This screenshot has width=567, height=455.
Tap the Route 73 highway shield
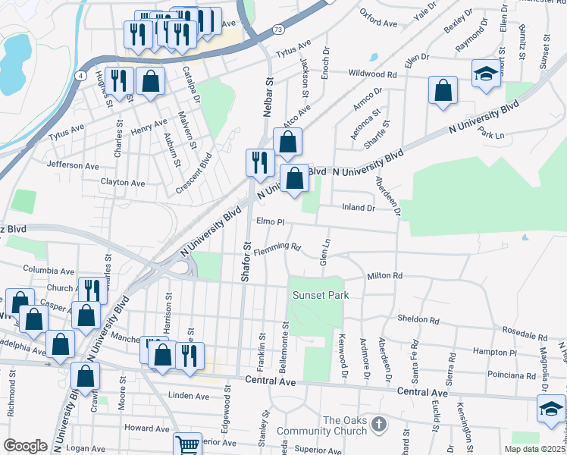(278, 30)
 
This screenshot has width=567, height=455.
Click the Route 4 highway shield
(80, 75)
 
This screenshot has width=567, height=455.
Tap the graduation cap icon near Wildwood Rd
(486, 74)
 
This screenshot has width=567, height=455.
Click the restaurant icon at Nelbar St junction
(259, 162)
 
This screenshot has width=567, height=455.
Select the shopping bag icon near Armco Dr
(443, 90)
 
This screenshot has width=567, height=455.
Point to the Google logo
(25, 445)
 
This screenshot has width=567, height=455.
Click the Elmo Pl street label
(270, 223)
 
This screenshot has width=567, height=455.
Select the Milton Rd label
(384, 277)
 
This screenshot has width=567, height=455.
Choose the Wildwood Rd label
(373, 74)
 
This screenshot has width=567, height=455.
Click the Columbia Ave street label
(49, 269)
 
